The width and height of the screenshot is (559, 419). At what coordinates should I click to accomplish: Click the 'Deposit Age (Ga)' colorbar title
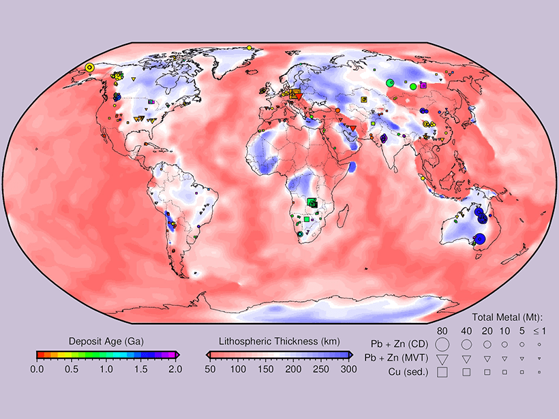point(105,340)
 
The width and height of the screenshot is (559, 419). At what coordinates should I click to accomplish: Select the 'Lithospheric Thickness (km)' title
point(278,340)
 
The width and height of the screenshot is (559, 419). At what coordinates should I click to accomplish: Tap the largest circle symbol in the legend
point(442,345)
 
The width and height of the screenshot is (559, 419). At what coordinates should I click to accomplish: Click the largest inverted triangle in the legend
point(442,359)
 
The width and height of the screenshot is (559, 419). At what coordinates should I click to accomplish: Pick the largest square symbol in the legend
point(442,372)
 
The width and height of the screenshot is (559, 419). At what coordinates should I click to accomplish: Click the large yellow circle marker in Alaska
point(89,67)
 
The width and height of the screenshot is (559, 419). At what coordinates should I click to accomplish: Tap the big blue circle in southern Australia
point(479,238)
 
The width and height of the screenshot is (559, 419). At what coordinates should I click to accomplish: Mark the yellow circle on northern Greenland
point(250,47)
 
